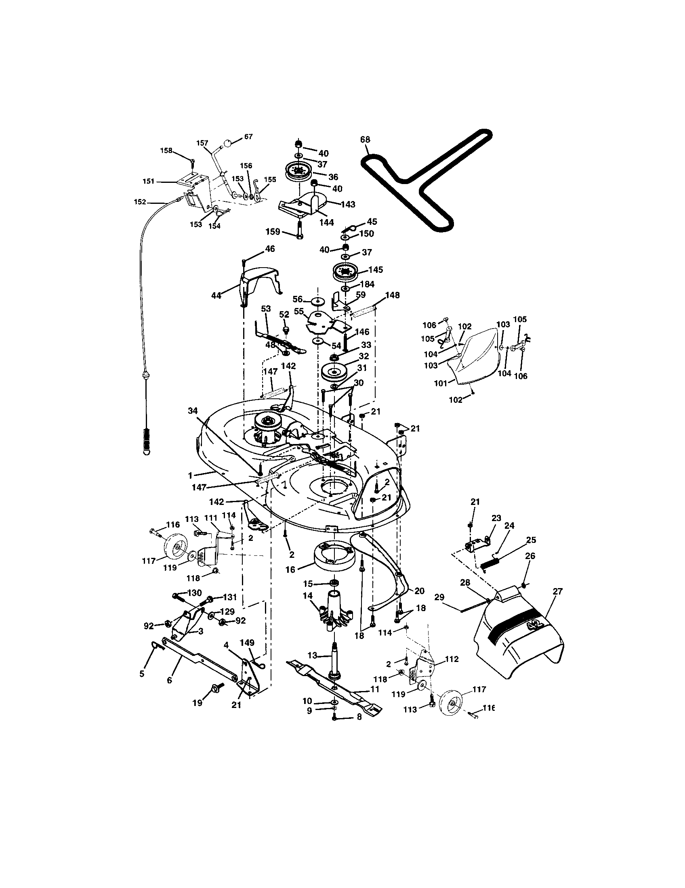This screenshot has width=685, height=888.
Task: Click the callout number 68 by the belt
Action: coord(365,140)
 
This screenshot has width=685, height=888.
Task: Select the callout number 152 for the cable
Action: coord(139,202)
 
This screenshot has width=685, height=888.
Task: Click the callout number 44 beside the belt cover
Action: coord(216,295)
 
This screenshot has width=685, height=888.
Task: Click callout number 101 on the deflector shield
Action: coord(441,383)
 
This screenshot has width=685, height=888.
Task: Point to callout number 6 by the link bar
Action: coord(170,680)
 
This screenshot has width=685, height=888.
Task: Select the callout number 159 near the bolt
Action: coord(273,232)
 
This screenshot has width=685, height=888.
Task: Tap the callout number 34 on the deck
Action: coord(192,411)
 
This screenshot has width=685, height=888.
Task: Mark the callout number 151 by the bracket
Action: coord(149,181)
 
